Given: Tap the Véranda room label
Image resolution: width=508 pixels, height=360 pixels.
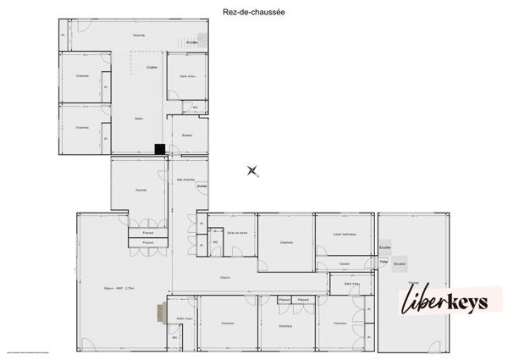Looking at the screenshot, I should [138, 36].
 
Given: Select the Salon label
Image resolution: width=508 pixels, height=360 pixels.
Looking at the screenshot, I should [138, 119].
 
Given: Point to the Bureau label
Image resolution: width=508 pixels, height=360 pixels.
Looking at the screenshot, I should [187, 134].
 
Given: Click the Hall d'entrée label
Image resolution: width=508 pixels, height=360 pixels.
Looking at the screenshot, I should [185, 180].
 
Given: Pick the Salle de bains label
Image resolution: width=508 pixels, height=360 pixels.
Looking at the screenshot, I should [236, 232].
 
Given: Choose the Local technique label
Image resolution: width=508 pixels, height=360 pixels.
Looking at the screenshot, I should [345, 234].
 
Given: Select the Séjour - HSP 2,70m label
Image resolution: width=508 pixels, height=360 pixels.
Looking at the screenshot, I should [120, 288].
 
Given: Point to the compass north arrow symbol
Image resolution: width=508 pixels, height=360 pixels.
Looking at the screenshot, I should [252, 171].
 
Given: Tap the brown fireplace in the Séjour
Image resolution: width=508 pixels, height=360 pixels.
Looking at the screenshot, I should [159, 313].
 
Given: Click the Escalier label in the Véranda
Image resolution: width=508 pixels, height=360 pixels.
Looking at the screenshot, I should [192, 42].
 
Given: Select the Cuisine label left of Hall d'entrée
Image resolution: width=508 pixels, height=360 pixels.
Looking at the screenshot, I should [141, 190].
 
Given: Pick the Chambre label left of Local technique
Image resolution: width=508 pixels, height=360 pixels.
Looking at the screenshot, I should [286, 243].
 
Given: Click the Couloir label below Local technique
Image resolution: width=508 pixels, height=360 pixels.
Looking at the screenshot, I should [345, 263].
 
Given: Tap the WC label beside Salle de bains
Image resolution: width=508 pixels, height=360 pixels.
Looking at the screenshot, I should [215, 242].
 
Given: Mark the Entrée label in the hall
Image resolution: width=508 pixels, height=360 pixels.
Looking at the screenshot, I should [202, 186].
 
